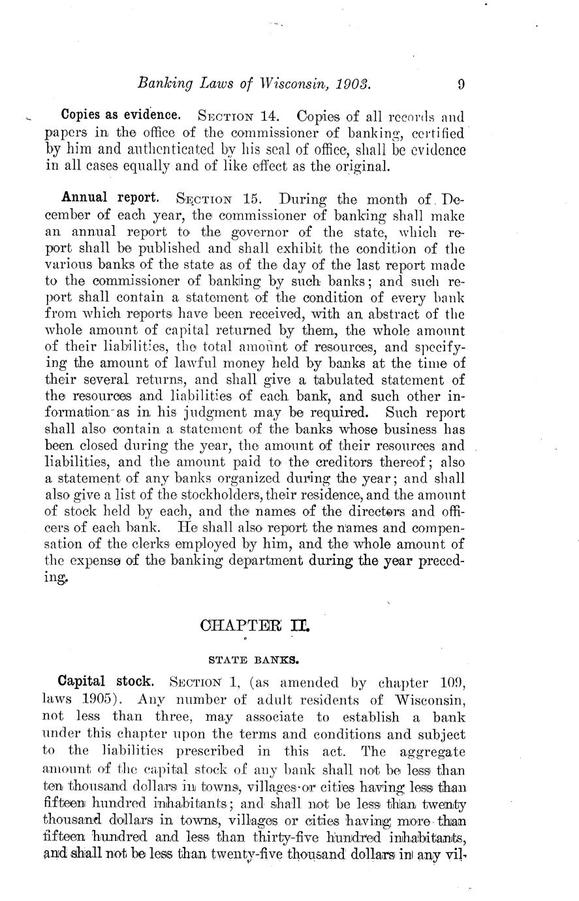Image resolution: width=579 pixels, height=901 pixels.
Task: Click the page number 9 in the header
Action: (x=461, y=84)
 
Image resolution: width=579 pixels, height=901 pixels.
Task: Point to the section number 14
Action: (x=270, y=117)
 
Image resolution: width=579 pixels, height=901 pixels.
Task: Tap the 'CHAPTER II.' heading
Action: (x=256, y=626)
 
